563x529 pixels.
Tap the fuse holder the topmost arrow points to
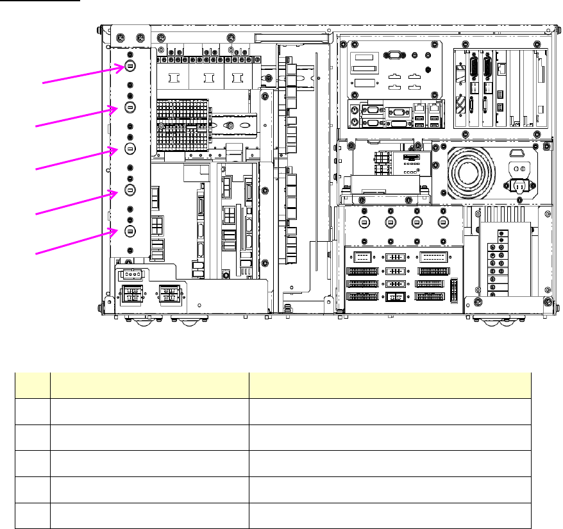point(130,65)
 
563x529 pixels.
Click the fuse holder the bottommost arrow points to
point(130,231)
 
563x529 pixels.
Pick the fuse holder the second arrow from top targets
point(130,107)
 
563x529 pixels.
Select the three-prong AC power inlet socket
point(519,185)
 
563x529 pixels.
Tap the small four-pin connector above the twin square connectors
point(132,274)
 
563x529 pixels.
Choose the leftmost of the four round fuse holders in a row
point(364,222)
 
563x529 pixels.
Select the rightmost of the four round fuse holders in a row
point(441,222)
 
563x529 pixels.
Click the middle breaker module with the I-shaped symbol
point(206,78)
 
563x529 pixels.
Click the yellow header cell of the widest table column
point(390,385)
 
